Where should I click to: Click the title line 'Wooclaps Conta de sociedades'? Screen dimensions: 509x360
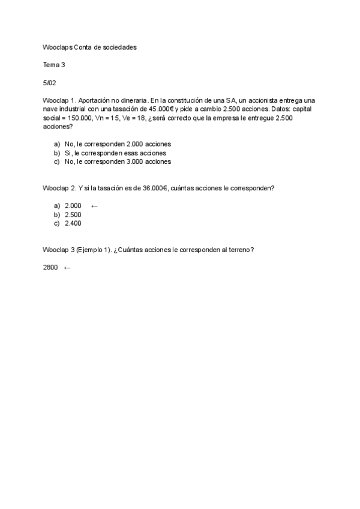coord(90,47)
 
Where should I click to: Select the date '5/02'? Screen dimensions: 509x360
coord(49,83)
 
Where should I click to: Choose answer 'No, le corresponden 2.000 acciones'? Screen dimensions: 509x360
coord(118,144)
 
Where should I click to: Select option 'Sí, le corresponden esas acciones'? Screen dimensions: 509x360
coord(115,153)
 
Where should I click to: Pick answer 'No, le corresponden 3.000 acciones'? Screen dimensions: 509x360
coord(118,161)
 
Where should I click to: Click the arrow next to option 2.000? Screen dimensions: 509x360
coord(94,206)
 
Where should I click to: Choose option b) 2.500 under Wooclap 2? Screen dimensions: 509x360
coord(73,215)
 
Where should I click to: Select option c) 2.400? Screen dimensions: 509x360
coord(73,223)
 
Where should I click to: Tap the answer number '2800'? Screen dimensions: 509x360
coord(50,268)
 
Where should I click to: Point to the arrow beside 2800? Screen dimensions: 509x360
coord(67,268)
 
